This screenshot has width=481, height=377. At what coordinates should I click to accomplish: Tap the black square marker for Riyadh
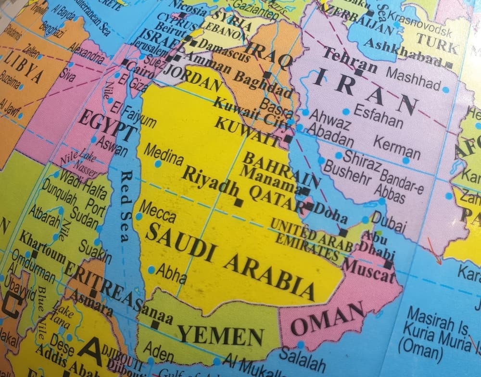pos(238,203)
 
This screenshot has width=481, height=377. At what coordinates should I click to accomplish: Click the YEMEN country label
pos(221,334)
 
